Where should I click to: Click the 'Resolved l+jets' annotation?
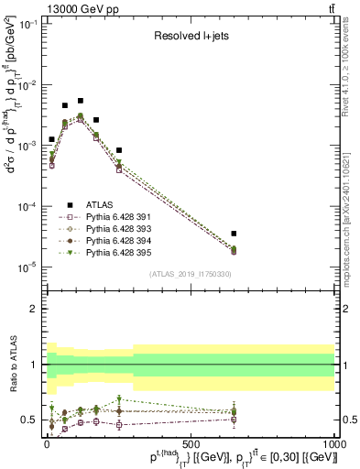pos(191,38)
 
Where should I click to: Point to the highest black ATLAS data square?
pos(80,101)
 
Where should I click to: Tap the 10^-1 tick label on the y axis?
pos(28,25)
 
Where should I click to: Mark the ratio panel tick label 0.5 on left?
pos(30,420)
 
